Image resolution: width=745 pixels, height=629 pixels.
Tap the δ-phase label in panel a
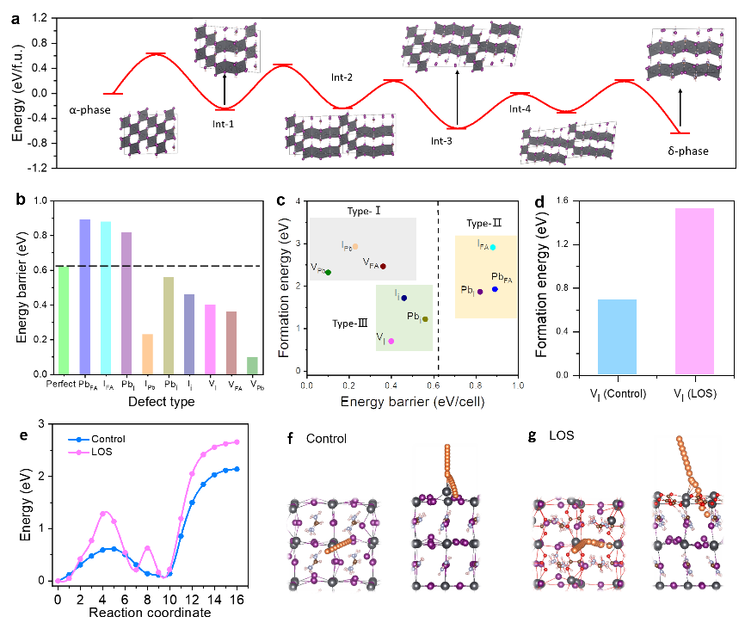click(x=688, y=151)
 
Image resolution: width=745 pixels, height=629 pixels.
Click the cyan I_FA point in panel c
click(x=493, y=247)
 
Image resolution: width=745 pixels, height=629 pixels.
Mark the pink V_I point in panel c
click(x=391, y=341)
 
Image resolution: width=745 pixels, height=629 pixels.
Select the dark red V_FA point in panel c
click(x=383, y=267)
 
